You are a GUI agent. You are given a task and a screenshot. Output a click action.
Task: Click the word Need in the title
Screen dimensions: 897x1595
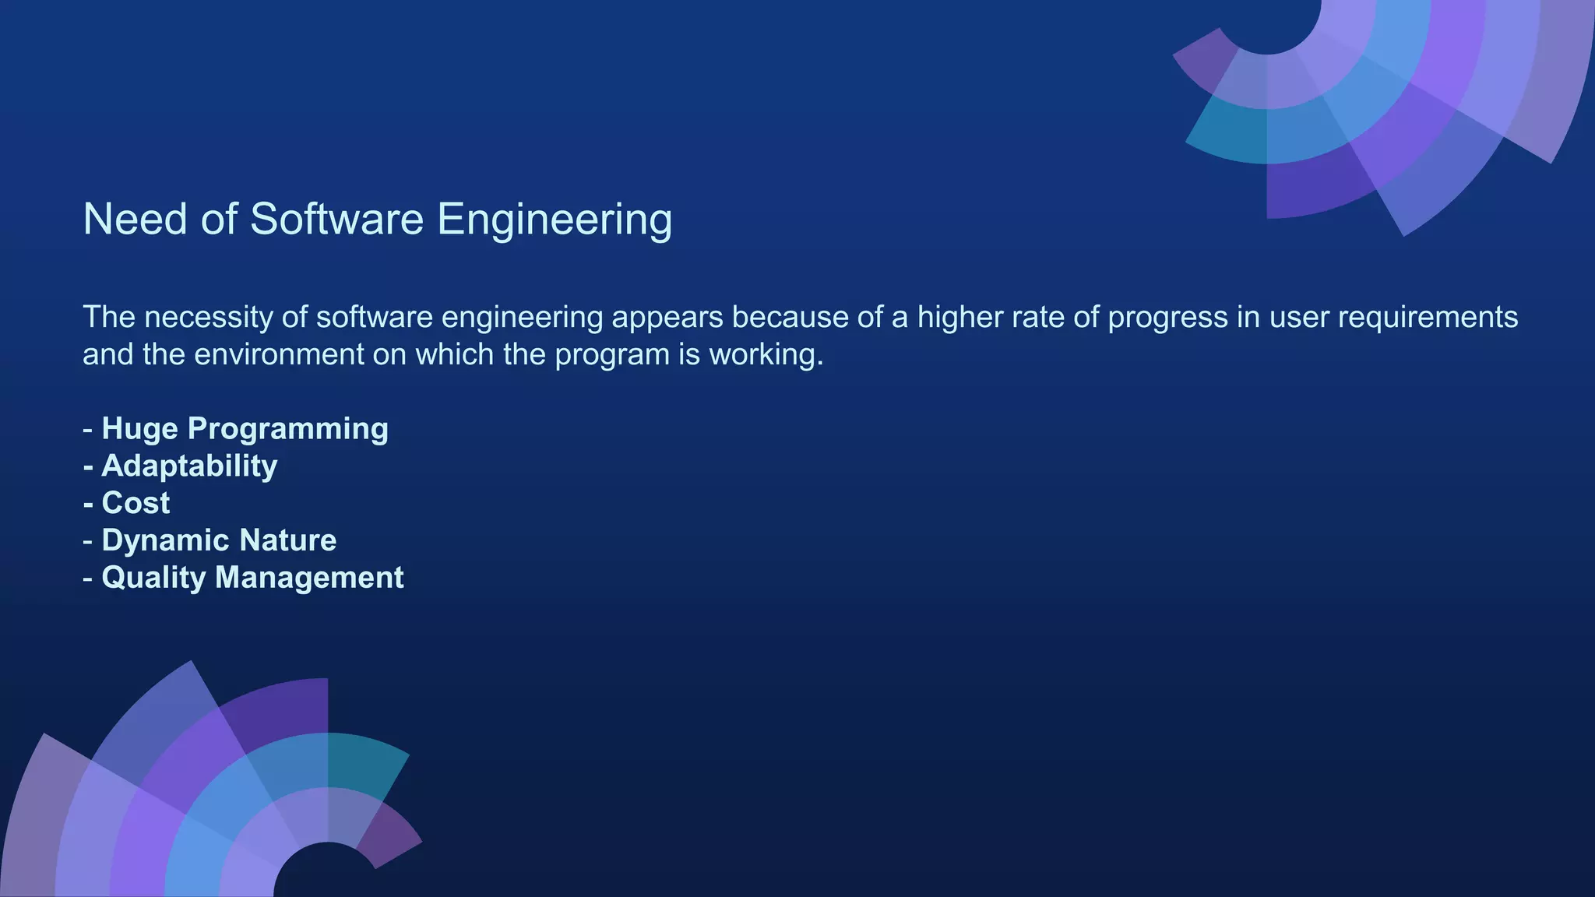(x=135, y=219)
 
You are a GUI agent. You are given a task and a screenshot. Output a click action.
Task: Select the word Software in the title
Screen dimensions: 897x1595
(x=336, y=219)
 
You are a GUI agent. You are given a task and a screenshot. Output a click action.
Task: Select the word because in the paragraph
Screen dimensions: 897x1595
(x=787, y=318)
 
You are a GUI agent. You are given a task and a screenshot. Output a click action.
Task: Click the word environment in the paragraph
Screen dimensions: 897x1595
(x=279, y=355)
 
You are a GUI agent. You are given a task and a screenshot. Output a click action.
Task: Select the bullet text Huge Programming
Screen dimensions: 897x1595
(x=245, y=429)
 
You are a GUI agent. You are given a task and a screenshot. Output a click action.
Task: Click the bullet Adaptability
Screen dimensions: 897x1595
(x=189, y=466)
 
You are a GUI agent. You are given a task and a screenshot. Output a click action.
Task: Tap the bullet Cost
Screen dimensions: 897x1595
(x=136, y=504)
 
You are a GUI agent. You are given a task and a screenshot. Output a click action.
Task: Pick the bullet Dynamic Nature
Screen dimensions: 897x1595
(x=219, y=540)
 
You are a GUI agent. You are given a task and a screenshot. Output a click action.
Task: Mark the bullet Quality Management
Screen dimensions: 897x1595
(x=252, y=578)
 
